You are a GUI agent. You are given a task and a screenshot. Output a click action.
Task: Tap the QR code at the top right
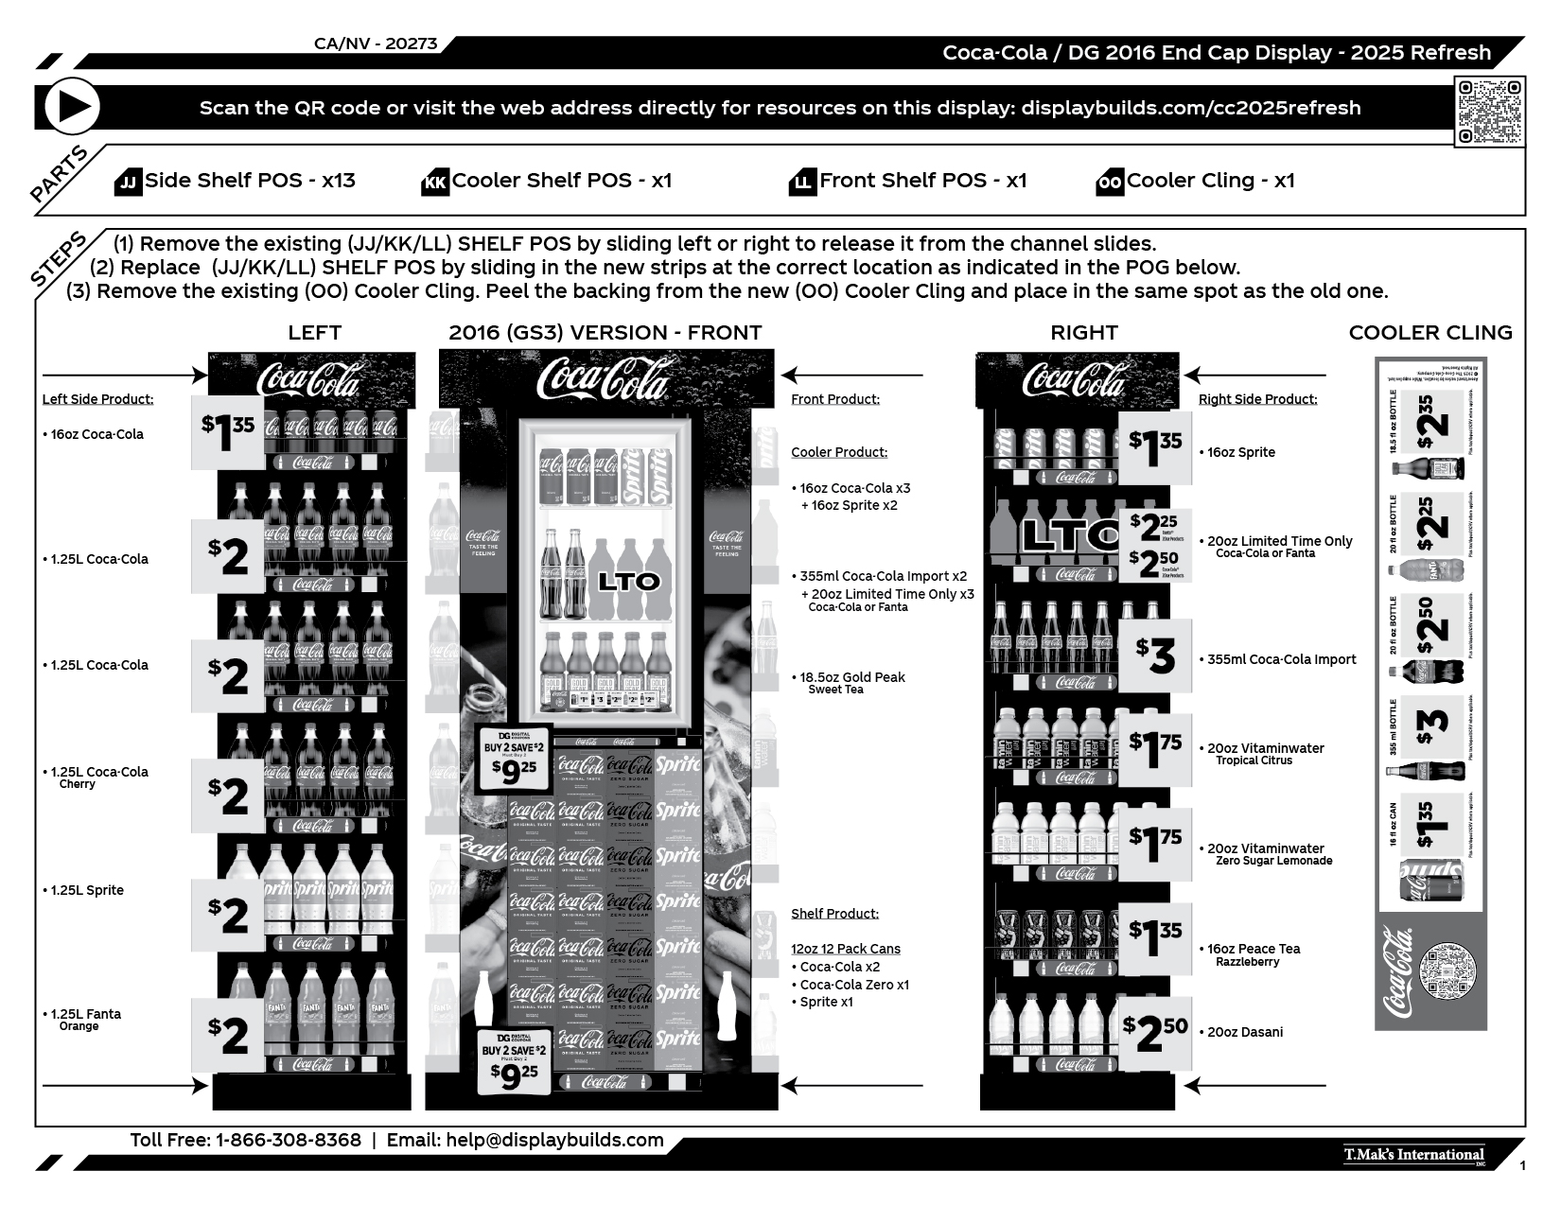(x=1489, y=113)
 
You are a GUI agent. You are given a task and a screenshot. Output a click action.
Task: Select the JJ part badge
(x=128, y=182)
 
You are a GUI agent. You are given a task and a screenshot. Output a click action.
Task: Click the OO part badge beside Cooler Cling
(x=1110, y=182)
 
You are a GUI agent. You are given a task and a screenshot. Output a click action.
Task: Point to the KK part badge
(x=435, y=182)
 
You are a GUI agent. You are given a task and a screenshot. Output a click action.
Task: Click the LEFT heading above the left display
(x=314, y=333)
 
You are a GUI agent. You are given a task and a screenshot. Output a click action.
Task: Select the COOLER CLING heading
(x=1429, y=333)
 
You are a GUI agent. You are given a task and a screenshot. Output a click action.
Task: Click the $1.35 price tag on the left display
(x=228, y=433)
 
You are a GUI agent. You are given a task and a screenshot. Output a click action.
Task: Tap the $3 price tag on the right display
(x=1155, y=655)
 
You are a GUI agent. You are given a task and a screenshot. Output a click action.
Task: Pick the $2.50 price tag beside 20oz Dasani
(x=1155, y=1033)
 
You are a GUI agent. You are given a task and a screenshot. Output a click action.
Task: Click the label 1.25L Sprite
(x=86, y=890)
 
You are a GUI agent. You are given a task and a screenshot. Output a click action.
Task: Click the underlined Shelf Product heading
(x=834, y=914)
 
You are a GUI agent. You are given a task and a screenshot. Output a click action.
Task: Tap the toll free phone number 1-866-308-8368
(x=289, y=1141)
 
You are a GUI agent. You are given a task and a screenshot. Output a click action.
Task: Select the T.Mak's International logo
(x=1413, y=1155)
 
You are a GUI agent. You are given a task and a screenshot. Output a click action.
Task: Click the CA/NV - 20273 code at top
(x=376, y=44)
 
